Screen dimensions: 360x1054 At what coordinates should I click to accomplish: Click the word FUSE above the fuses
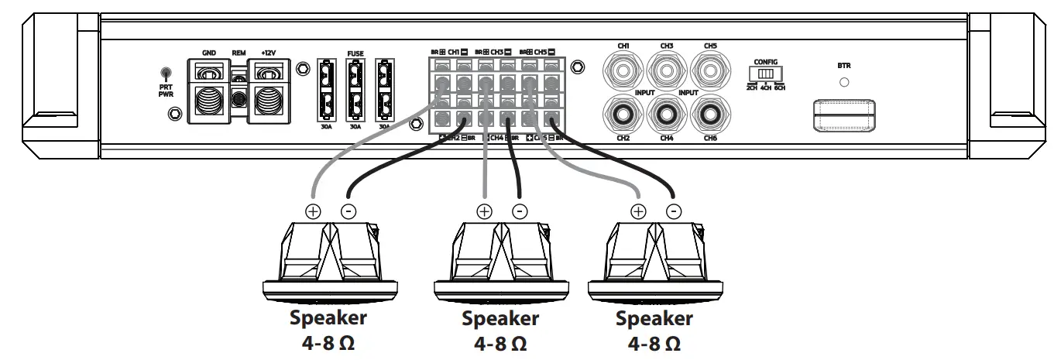pos(355,55)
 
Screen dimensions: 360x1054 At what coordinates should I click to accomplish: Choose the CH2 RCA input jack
pos(623,115)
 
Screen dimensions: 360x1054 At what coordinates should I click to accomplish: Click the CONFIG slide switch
pos(765,74)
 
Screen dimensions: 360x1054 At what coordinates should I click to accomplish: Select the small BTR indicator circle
pos(844,81)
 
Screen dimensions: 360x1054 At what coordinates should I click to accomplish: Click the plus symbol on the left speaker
pos(313,210)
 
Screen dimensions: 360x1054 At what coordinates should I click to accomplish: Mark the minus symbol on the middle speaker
pos(520,210)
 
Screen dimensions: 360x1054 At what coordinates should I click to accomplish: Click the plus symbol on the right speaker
pos(638,210)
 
